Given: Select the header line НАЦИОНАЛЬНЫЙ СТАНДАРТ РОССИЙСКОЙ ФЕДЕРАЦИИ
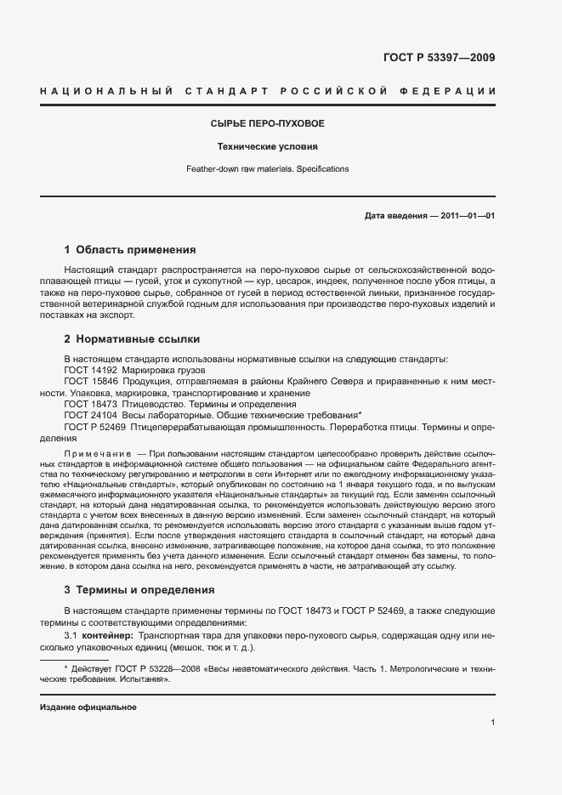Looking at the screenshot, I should click(x=268, y=90).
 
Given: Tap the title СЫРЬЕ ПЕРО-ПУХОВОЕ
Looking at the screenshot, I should click(x=268, y=124).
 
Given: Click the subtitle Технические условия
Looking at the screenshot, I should click(x=268, y=146).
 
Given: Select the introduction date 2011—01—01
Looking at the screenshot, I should click(x=468, y=216).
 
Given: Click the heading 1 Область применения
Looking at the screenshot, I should click(x=130, y=250).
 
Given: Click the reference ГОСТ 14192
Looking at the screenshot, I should click(x=90, y=370).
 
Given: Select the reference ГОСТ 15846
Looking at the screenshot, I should click(x=90, y=382).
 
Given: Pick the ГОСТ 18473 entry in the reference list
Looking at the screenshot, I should click(x=90, y=405).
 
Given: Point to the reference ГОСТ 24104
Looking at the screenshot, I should click(x=90, y=416).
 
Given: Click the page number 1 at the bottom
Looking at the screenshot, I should click(x=493, y=723).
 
